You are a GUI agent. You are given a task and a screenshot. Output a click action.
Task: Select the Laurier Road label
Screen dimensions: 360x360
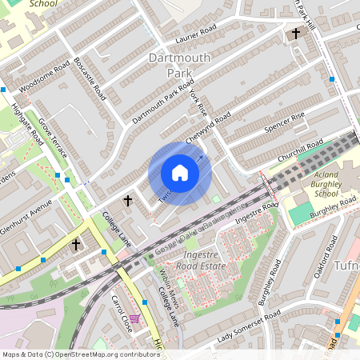tap(196, 36)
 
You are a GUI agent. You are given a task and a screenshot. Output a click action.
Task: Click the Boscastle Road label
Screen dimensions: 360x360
tap(89, 78)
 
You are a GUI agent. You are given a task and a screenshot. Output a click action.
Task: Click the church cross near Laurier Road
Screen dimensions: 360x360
tap(296, 34)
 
